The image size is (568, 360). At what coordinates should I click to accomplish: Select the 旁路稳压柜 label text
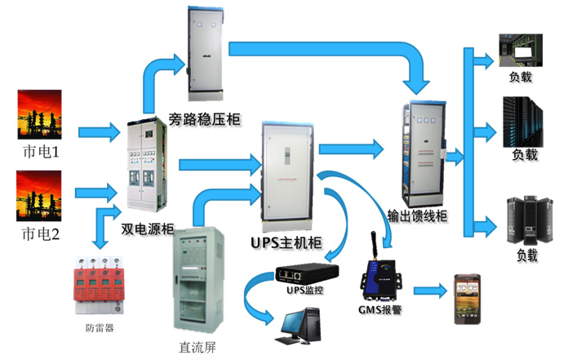(204, 120)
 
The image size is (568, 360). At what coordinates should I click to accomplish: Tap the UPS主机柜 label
(285, 244)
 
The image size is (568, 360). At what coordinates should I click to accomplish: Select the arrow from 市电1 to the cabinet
(97, 131)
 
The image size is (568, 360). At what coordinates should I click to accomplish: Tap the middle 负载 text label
(525, 155)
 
